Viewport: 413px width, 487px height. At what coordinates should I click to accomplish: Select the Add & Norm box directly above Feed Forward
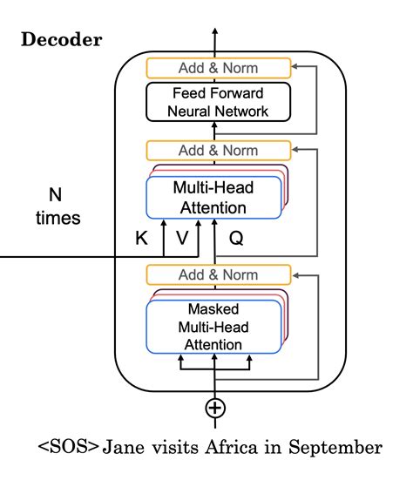click(214, 67)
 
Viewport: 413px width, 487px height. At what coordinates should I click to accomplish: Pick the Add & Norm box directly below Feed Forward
click(214, 149)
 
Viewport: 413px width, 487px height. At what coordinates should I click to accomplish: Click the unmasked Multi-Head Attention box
click(214, 196)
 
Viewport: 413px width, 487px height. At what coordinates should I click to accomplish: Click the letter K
click(140, 236)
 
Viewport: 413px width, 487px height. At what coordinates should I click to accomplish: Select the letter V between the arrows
click(181, 236)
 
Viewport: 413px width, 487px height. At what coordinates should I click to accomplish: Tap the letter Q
click(235, 236)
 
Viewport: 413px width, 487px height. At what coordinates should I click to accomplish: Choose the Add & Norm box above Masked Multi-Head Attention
click(214, 275)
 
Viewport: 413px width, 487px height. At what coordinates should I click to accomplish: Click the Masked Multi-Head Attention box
click(214, 326)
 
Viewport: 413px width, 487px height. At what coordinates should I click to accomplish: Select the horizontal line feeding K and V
click(78, 258)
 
